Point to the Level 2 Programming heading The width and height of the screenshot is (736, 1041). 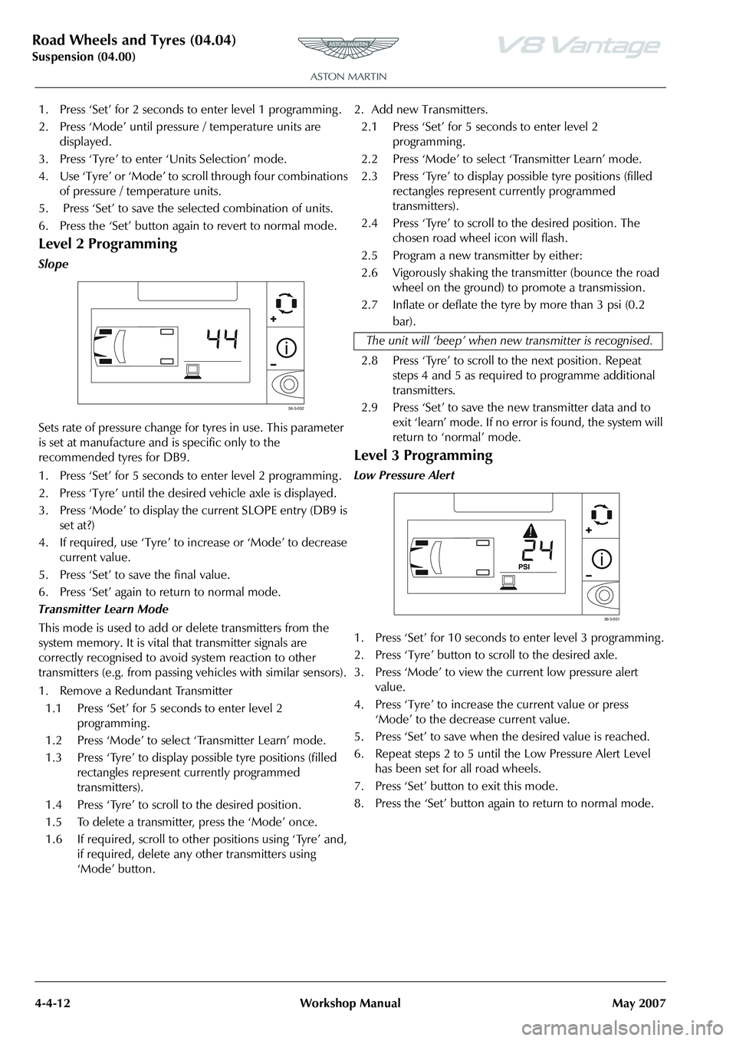point(107,245)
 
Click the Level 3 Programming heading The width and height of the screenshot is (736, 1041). point(423,455)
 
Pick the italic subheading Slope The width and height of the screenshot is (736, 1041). point(53,264)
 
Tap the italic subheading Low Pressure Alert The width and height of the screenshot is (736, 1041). point(404,475)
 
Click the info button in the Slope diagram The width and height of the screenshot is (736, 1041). point(286,346)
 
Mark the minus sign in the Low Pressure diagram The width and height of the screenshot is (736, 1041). point(588,574)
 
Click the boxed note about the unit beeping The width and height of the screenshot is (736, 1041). point(509,340)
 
